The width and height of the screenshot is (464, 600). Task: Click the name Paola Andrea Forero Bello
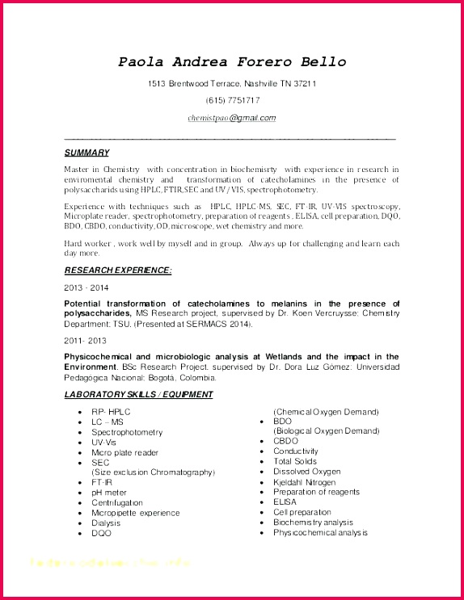point(232,61)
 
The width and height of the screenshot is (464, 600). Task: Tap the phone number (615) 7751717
point(232,100)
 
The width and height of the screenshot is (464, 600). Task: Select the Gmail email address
point(232,118)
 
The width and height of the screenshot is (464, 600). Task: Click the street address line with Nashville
point(232,83)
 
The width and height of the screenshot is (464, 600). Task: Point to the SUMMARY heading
point(86,153)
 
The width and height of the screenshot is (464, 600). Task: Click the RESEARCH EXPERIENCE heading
point(118,271)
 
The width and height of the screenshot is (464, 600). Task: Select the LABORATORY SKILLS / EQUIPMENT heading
point(139,394)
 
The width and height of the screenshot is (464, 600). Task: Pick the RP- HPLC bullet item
point(111,412)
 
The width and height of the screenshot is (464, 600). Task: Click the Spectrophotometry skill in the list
point(127,432)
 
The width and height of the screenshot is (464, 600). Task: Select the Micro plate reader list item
point(124,452)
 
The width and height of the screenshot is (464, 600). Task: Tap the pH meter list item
point(109,492)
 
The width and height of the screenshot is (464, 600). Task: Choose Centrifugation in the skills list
point(117,502)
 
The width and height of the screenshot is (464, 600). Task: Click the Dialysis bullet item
point(106,522)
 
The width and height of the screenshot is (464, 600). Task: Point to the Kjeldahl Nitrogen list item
point(304,482)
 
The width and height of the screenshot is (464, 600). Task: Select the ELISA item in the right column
point(285,502)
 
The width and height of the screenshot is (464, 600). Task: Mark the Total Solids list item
point(295,462)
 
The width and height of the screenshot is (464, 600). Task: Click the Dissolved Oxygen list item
point(307,472)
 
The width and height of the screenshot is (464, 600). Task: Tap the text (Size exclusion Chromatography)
point(153,472)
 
